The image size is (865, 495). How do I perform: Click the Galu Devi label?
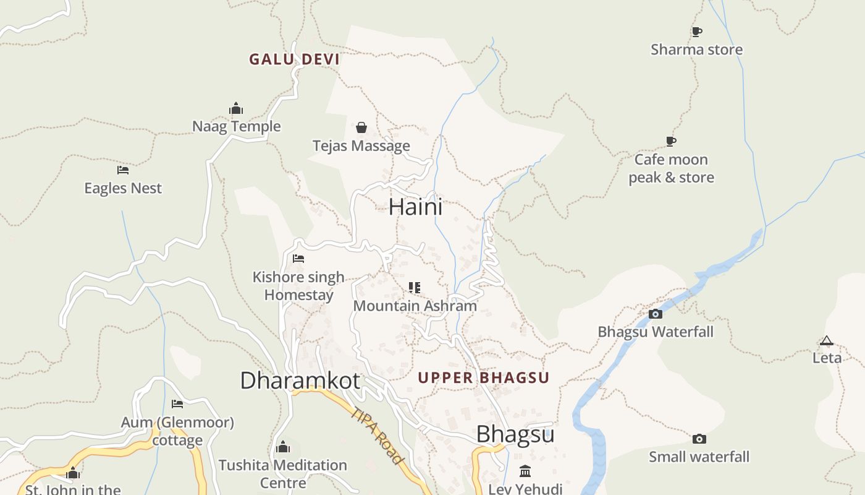coord(294,59)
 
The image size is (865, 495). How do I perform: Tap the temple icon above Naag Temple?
coord(236,109)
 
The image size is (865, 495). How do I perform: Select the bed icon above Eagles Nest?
coord(123,170)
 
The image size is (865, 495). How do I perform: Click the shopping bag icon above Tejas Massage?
coord(361,127)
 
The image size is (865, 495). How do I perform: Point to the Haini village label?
coord(415,207)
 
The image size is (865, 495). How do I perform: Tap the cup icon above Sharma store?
coord(697,32)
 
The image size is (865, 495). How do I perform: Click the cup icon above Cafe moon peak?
coord(671,142)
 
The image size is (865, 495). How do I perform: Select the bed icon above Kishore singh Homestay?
coord(298,259)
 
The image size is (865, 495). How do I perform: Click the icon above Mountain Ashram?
coord(415,288)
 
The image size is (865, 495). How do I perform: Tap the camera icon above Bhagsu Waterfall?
coord(656,314)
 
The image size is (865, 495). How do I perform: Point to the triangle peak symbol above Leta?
coord(827,340)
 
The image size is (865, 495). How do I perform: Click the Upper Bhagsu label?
coord(483,377)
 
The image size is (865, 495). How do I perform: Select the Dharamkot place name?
coord(300,381)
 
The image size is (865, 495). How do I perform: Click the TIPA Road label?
coord(377,435)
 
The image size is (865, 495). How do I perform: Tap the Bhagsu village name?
coord(515,434)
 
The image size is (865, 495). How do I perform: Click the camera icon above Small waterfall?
coord(699,439)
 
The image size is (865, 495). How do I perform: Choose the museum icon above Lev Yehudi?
coord(525,471)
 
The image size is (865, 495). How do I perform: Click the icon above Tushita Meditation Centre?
coord(283,447)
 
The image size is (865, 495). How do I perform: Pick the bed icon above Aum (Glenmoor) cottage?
coord(177,404)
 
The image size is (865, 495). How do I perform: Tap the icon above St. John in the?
coord(73,473)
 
